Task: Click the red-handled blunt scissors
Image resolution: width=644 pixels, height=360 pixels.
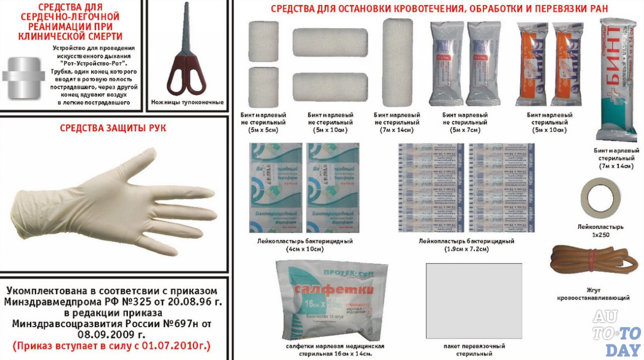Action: click(186, 60)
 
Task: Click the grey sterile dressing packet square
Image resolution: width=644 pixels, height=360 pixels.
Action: click(473, 301)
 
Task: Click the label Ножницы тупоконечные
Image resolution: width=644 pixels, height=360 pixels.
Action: click(187, 102)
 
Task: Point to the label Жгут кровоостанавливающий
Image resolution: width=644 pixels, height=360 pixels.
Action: click(593, 294)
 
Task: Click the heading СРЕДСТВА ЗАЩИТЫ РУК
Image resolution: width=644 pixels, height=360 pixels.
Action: click(113, 128)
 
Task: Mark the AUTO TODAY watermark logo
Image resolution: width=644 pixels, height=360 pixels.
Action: click(616, 332)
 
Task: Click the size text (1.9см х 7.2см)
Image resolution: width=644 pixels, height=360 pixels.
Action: click(466, 249)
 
